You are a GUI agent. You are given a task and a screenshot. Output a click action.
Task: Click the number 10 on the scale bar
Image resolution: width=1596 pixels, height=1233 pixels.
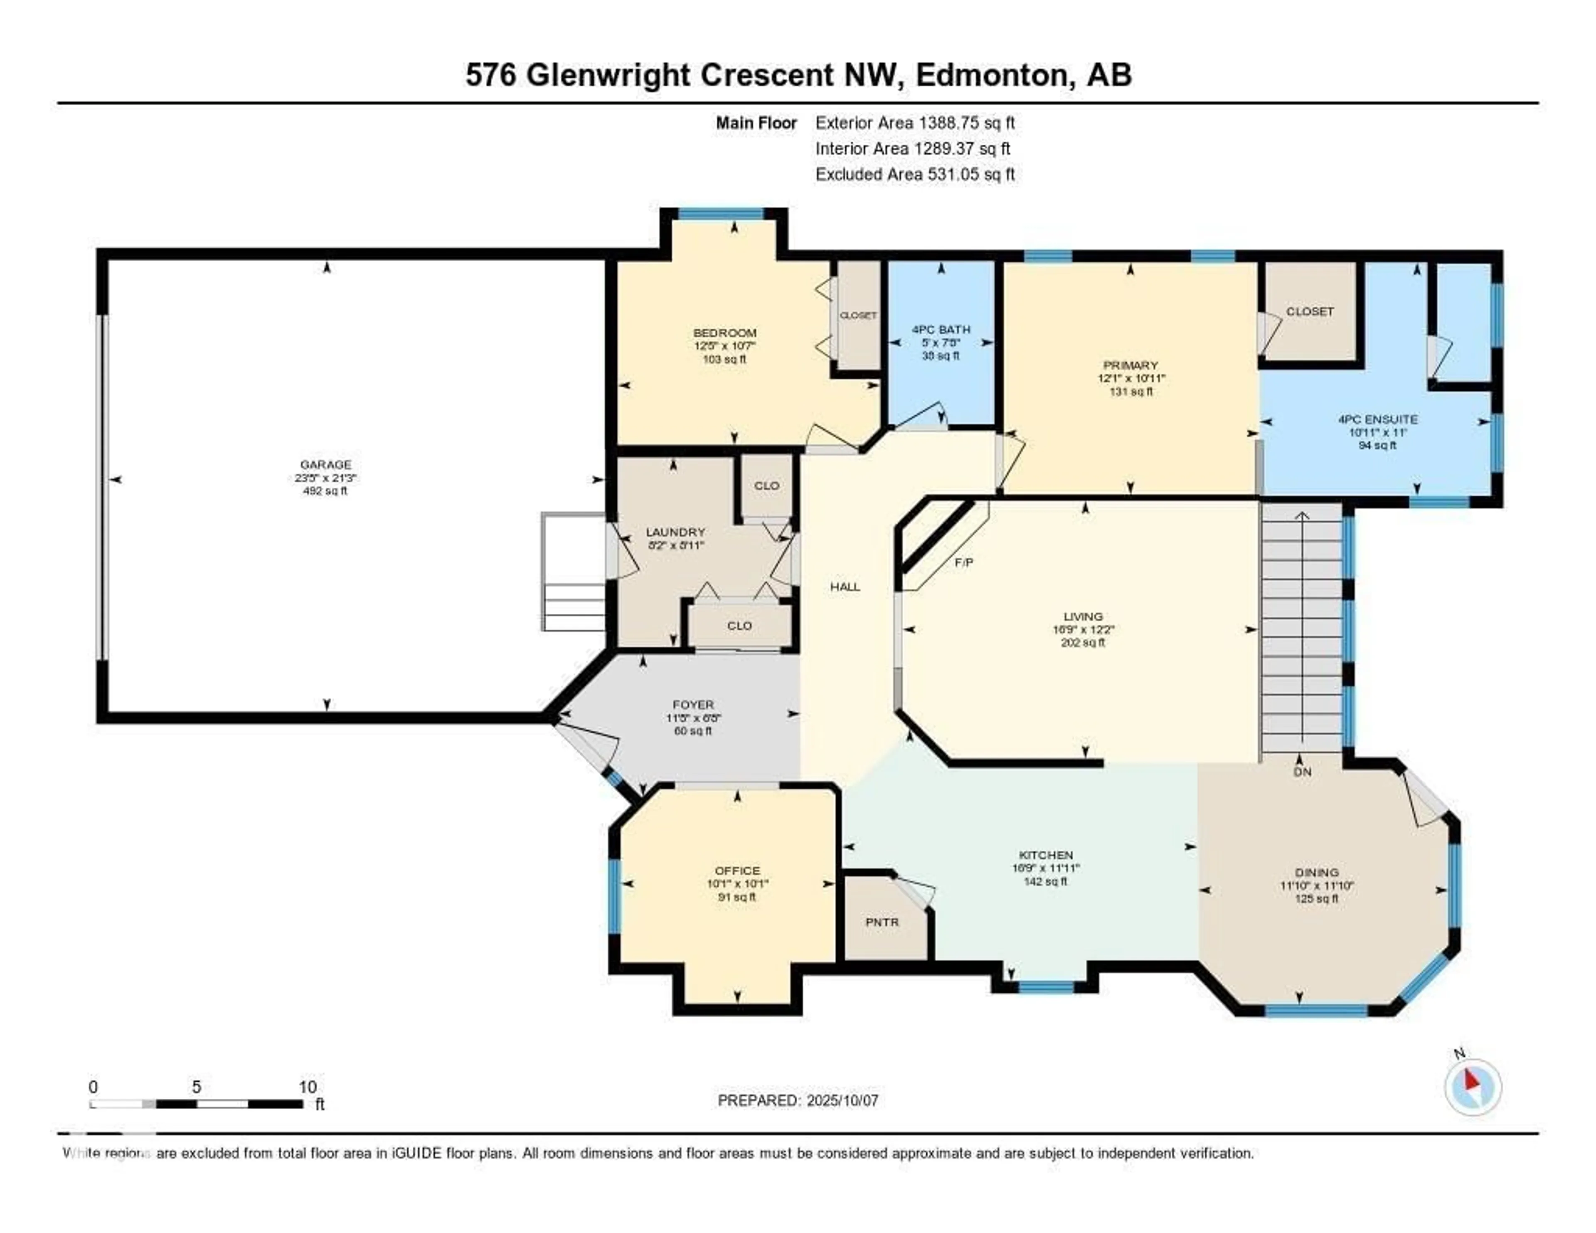tap(308, 1087)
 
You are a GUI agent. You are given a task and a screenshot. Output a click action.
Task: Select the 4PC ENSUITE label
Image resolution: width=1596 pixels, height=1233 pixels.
tap(1377, 419)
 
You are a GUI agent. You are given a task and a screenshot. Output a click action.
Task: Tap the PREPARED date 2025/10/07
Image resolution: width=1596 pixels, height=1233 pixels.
tap(842, 1101)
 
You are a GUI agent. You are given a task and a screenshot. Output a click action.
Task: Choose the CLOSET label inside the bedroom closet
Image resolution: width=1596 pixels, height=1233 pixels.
tap(858, 316)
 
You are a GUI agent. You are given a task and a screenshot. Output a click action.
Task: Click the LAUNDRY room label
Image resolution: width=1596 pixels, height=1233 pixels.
tap(675, 532)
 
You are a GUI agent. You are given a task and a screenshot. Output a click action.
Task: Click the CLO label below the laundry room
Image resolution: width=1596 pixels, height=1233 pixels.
tap(739, 626)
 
